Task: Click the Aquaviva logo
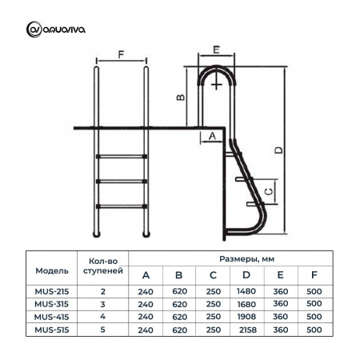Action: pyautogui.click(x=56, y=30)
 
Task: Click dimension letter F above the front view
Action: pyautogui.click(x=121, y=54)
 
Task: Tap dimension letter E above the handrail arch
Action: pyautogui.click(x=216, y=50)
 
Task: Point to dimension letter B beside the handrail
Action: pyautogui.click(x=181, y=97)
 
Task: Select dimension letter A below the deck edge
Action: pyautogui.click(x=212, y=136)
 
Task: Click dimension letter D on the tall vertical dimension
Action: pyautogui.click(x=278, y=150)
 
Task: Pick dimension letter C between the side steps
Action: pyautogui.click(x=270, y=191)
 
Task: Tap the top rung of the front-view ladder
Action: pyautogui.click(x=122, y=156)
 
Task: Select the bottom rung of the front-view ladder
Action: pyautogui.click(x=122, y=206)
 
